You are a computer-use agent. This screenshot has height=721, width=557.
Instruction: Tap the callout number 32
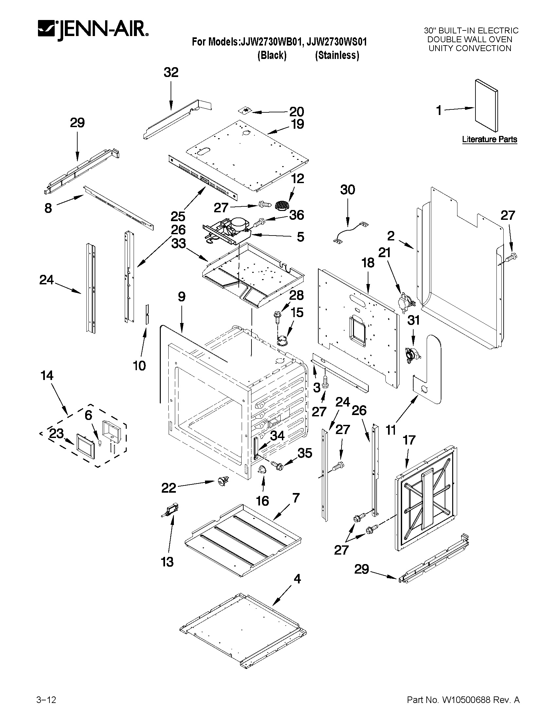tap(171, 72)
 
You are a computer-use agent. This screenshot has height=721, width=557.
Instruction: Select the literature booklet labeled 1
tap(486, 105)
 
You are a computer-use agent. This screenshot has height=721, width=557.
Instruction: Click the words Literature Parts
tap(489, 139)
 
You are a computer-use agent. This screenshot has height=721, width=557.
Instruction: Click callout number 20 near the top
tap(296, 112)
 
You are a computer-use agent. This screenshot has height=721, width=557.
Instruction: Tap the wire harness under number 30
tap(350, 232)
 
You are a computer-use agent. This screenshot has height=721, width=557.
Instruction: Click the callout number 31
tap(413, 320)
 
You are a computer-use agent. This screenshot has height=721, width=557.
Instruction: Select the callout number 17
tap(409, 440)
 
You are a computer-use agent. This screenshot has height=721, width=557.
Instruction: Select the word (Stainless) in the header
tap(337, 55)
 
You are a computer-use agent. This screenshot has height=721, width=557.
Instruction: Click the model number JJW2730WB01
tap(270, 42)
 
